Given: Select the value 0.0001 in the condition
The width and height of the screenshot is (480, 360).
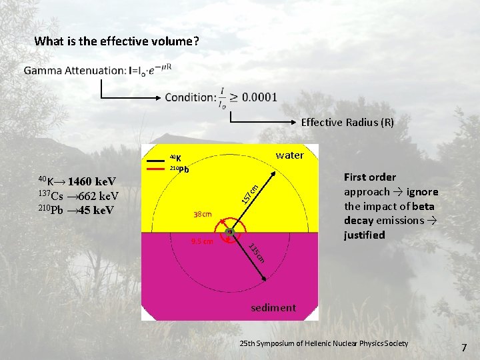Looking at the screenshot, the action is [260, 97].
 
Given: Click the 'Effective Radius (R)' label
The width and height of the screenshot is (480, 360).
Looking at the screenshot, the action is [347, 123].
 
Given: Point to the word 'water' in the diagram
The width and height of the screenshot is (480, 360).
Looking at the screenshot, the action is [289, 155].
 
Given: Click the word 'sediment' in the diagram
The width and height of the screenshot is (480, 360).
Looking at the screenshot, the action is [273, 307].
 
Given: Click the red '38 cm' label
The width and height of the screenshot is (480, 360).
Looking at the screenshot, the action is [201, 215].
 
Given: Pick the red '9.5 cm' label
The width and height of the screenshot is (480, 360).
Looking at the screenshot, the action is [201, 241].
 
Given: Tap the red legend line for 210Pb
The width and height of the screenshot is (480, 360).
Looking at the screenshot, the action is [157, 169].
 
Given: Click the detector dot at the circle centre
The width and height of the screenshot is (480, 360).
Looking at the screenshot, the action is [230, 231].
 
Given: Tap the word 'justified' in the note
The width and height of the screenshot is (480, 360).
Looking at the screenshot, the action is [364, 235].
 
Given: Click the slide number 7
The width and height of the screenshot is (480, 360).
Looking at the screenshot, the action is [464, 347].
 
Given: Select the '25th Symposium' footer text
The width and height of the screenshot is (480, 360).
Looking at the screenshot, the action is [323, 343].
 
